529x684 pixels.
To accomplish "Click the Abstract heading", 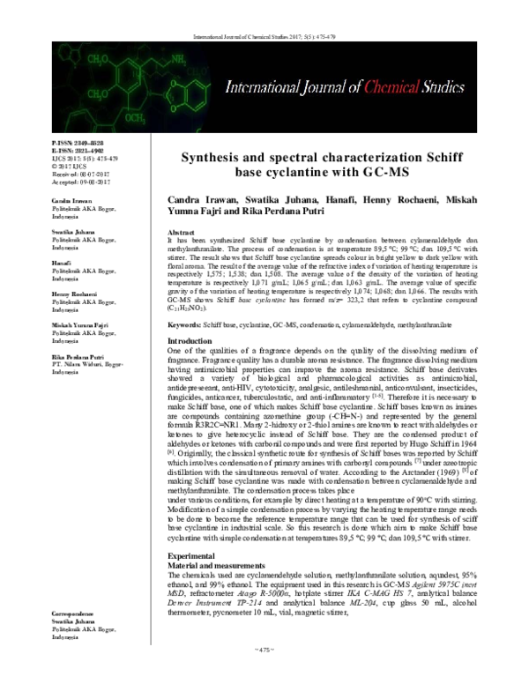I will point(183,230).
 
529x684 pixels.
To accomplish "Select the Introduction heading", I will point(190,316).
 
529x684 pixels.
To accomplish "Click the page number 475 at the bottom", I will point(264,673).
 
